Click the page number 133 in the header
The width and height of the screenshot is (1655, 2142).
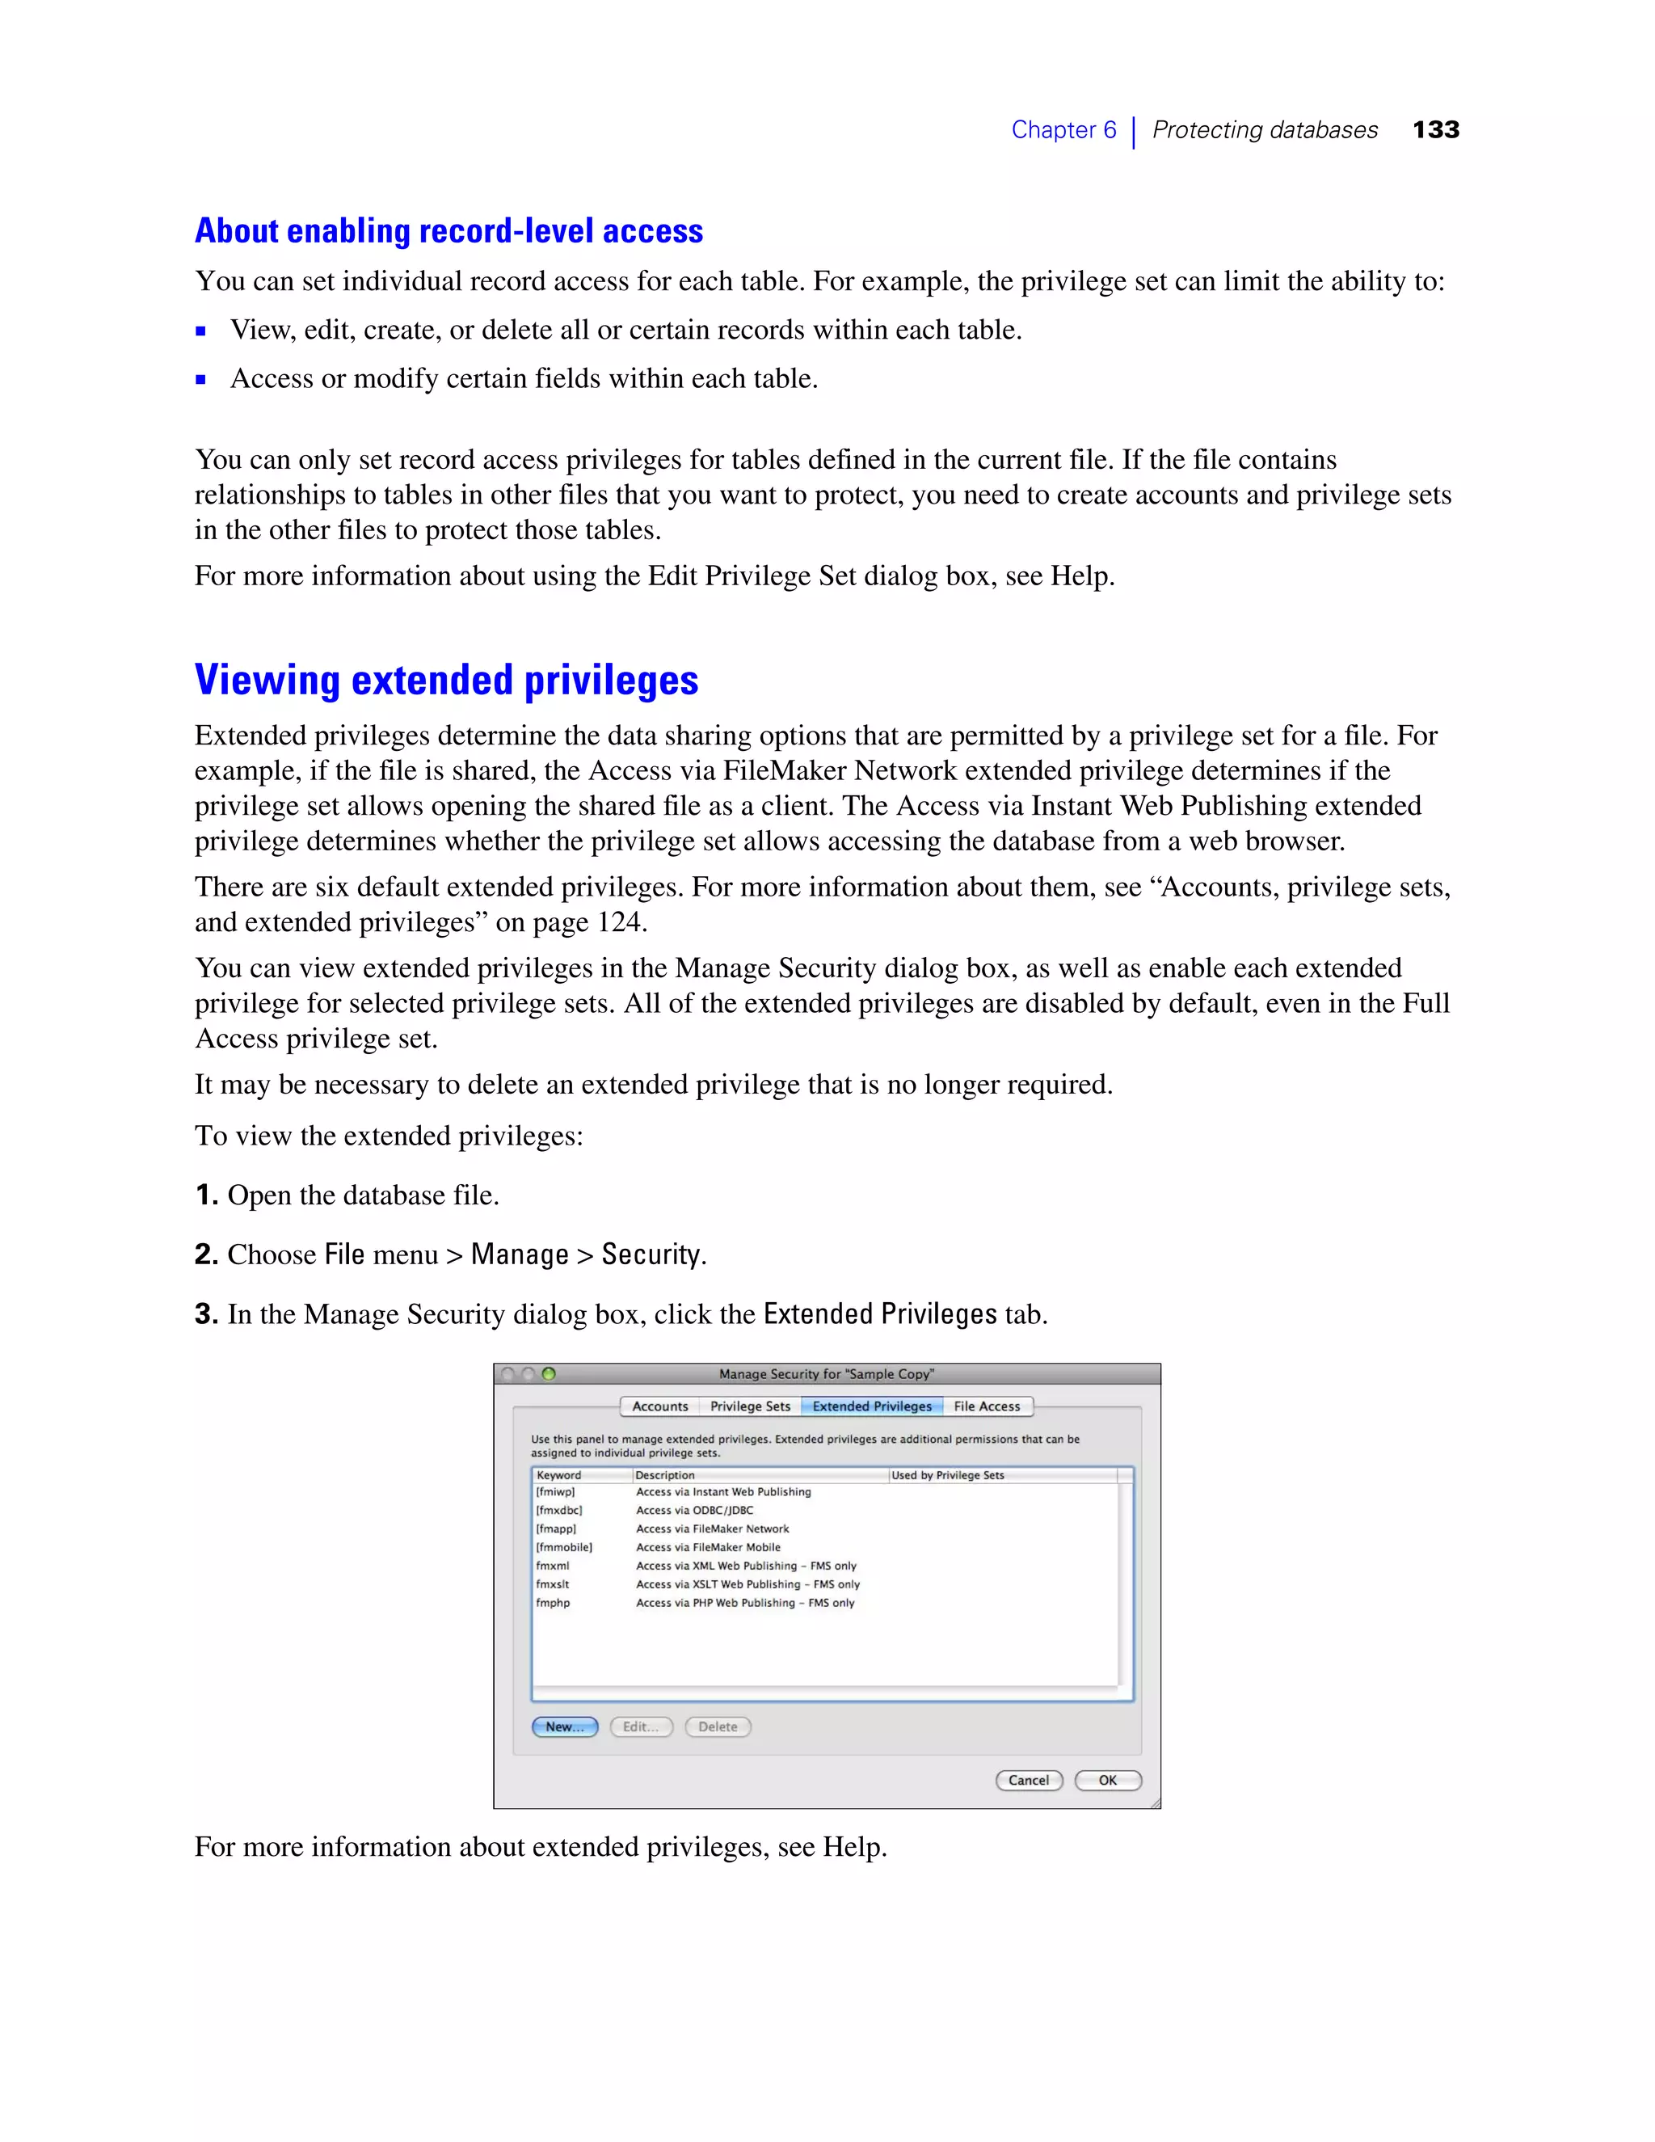pyautogui.click(x=1435, y=129)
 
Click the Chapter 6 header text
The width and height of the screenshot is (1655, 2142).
pyautogui.click(x=1063, y=129)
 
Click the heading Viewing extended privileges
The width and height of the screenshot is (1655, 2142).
pyautogui.click(x=446, y=680)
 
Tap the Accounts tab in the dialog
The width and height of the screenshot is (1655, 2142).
pyautogui.click(x=660, y=1406)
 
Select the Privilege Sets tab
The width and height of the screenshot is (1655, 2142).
pyautogui.click(x=750, y=1406)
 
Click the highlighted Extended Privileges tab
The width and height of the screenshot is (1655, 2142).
pyautogui.click(x=872, y=1406)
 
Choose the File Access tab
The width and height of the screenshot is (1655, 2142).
pyautogui.click(x=987, y=1406)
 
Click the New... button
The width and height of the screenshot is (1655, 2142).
pyautogui.click(x=565, y=1727)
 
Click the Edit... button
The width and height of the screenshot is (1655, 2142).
pyautogui.click(x=641, y=1727)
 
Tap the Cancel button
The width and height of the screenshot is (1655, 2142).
pyautogui.click(x=1029, y=1780)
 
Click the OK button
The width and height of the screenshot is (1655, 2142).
pyautogui.click(x=1108, y=1780)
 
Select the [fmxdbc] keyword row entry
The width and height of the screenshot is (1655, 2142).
pyautogui.click(x=559, y=1511)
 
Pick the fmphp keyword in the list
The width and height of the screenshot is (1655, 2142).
pyautogui.click(x=552, y=1603)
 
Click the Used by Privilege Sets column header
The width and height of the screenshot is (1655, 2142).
pyautogui.click(x=947, y=1475)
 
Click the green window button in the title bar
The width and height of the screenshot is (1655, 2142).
pyautogui.click(x=549, y=1373)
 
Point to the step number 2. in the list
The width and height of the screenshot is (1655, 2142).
pyautogui.click(x=206, y=1254)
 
